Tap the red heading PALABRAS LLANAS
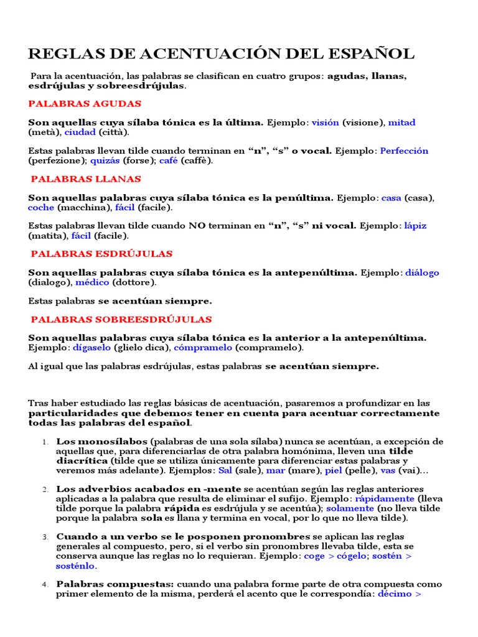tap(86, 179)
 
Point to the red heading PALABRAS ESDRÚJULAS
tap(101, 254)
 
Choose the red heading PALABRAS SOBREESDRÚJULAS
tap(121, 320)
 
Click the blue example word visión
tap(325, 123)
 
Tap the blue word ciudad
tap(80, 132)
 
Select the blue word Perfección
tap(404, 151)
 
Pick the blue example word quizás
tap(105, 160)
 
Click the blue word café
tap(169, 160)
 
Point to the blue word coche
tap(41, 208)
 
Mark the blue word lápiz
tap(415, 226)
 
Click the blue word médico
tap(93, 282)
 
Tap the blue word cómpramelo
tap(203, 348)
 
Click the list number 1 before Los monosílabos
tap(45, 442)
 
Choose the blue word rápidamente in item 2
tap(384, 498)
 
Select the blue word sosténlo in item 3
tap(75, 565)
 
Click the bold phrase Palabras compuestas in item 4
tap(115, 584)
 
